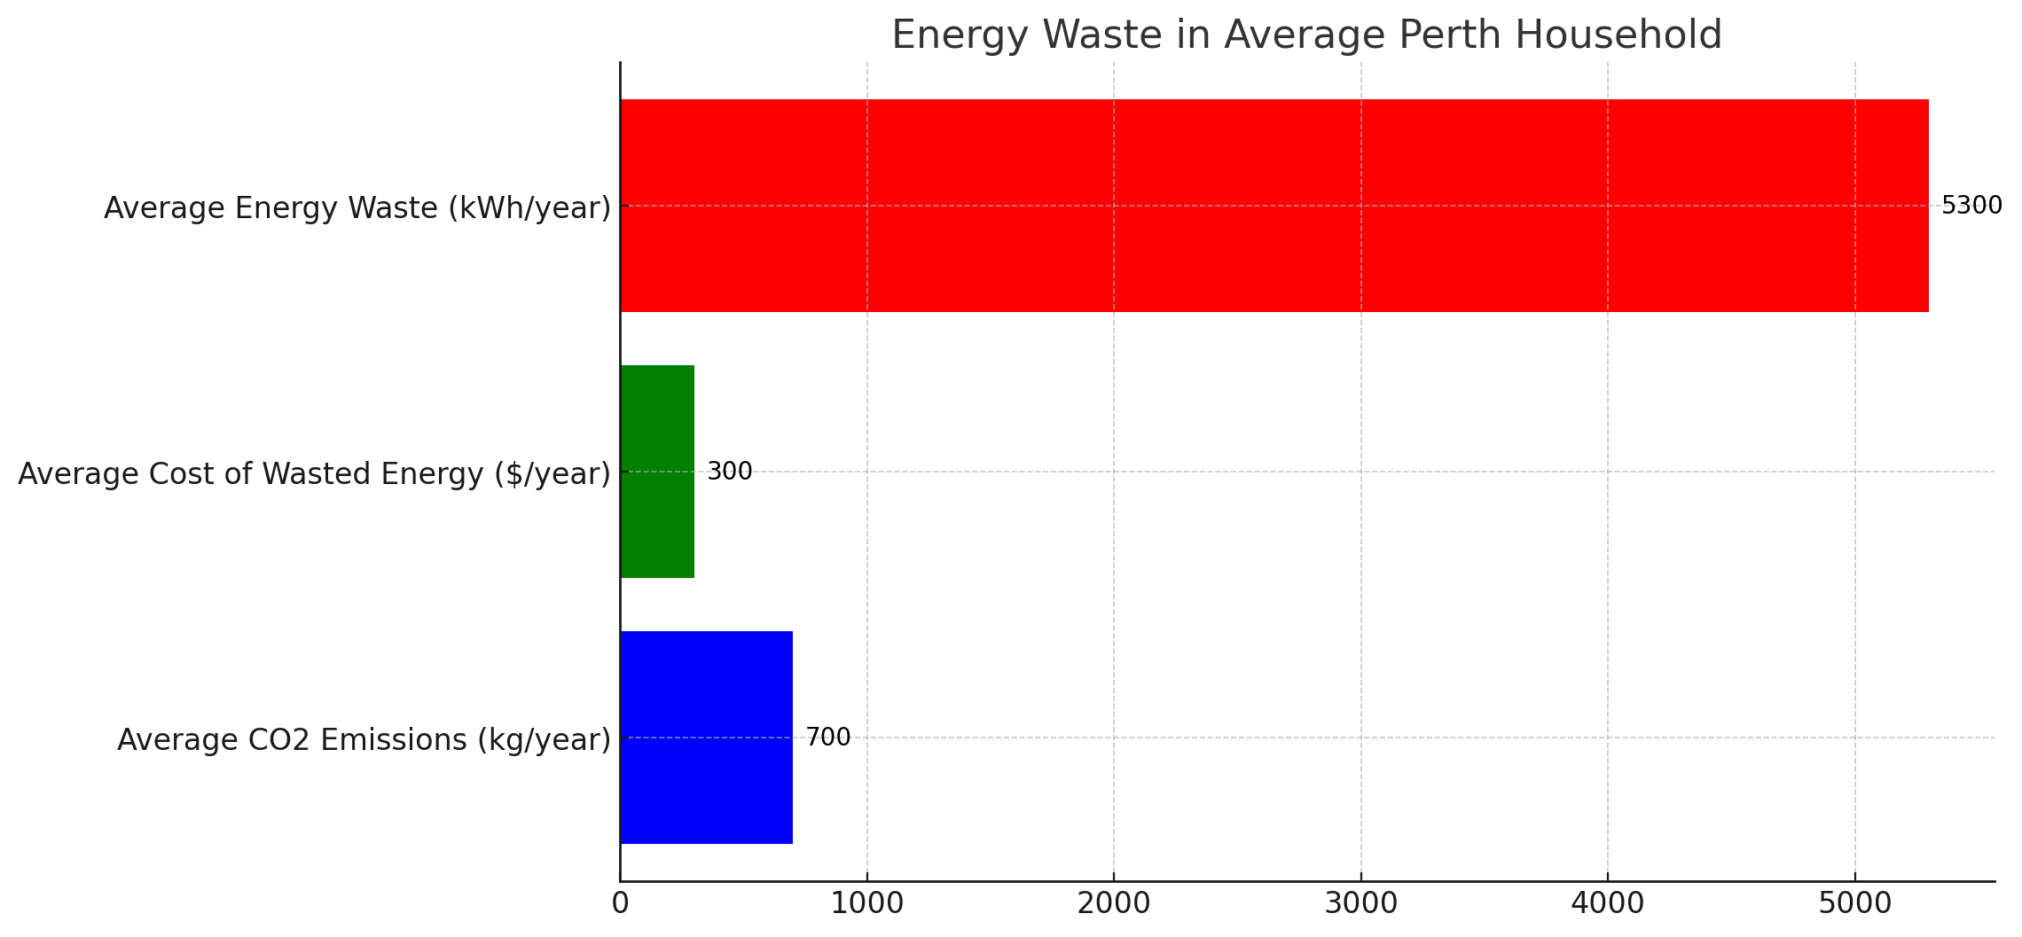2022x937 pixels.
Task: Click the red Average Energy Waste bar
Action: [x=1274, y=206]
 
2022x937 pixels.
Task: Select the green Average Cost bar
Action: [x=657, y=472]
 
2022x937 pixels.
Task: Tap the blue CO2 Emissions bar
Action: [x=706, y=738]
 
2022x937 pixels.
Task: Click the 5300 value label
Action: [x=1971, y=206]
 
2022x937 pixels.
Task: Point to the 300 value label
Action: [x=729, y=472]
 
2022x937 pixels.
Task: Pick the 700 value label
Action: [x=827, y=738]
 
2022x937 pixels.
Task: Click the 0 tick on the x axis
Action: [x=620, y=904]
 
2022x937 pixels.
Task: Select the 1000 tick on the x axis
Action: [x=867, y=904]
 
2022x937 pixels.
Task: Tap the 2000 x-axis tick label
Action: [x=1114, y=904]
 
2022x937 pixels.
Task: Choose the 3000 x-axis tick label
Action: [x=1361, y=904]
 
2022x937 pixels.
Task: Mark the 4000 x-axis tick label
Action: [x=1608, y=904]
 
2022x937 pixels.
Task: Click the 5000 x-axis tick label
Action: [x=1855, y=904]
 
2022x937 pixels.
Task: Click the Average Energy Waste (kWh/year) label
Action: [x=357, y=208]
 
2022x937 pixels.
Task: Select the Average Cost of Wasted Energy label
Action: [x=314, y=474]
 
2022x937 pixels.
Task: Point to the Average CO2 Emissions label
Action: [x=364, y=740]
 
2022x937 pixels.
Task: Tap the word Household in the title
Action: [x=1618, y=35]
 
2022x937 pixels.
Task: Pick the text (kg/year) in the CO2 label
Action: [x=544, y=740]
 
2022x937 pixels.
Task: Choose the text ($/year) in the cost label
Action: [x=552, y=474]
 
